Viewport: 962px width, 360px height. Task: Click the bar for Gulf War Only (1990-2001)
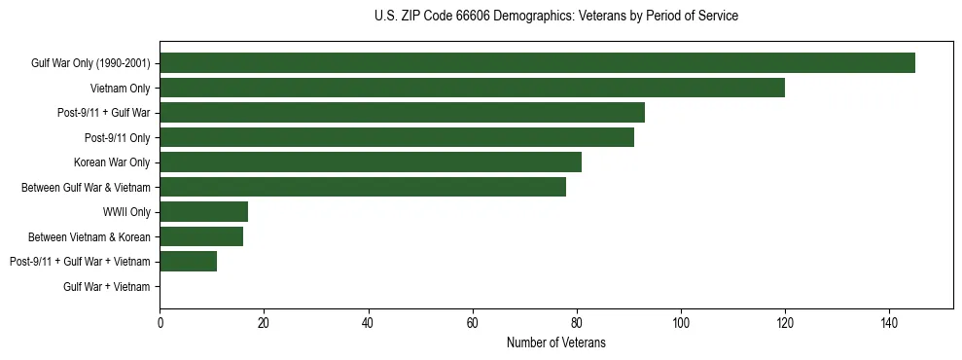[x=537, y=63]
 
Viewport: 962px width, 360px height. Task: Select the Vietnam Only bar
[x=472, y=88]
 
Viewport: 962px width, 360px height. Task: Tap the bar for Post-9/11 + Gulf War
[x=402, y=113]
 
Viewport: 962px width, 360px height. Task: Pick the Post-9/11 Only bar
[x=397, y=137]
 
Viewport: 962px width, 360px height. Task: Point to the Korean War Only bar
[x=371, y=162]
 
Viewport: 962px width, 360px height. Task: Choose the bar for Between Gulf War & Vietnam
[x=363, y=187]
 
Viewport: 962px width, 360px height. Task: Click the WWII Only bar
[x=204, y=212]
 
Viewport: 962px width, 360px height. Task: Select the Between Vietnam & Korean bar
[x=201, y=236]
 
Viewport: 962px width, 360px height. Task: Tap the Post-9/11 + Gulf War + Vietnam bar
[x=189, y=262]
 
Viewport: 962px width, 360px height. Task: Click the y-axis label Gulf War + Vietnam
[x=107, y=287]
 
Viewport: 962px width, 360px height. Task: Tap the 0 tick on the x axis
[x=160, y=322]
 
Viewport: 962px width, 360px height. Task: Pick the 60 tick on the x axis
[x=473, y=322]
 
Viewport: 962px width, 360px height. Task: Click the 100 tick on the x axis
[x=681, y=322]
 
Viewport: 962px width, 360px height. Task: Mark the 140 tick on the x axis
[x=889, y=322]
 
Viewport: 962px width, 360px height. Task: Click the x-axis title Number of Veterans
[x=555, y=342]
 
